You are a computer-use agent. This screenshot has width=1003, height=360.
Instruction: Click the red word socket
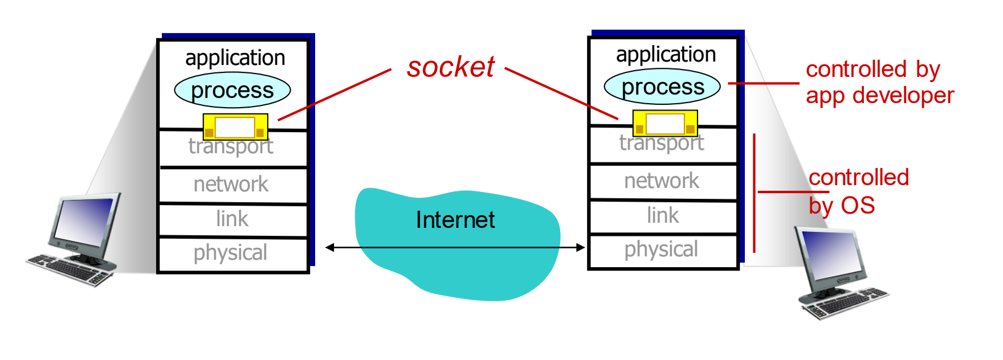(x=451, y=67)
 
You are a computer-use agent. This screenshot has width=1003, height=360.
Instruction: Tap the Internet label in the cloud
(x=455, y=220)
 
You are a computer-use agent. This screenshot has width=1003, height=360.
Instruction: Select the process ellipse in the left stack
(x=233, y=91)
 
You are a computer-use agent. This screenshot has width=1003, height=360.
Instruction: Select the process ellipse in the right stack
(x=662, y=87)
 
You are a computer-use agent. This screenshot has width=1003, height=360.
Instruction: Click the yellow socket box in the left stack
(x=235, y=127)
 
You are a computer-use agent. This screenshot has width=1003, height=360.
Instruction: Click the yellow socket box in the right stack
(x=665, y=124)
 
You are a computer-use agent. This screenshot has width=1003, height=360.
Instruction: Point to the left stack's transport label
(x=231, y=147)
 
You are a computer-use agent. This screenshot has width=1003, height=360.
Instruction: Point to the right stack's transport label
(x=662, y=143)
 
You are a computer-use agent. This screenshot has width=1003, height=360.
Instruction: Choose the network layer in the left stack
(x=231, y=185)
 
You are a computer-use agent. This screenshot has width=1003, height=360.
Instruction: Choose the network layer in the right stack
(x=662, y=181)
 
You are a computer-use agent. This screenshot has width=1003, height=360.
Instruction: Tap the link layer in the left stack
(x=232, y=219)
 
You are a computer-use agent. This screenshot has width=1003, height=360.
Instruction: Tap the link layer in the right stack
(x=663, y=215)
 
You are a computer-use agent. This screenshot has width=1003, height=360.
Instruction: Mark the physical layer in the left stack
(x=230, y=253)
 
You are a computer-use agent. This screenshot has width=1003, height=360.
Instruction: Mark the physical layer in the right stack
(x=661, y=249)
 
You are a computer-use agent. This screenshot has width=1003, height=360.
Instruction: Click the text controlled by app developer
(x=879, y=83)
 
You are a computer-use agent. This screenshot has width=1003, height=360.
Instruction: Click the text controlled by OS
(x=858, y=191)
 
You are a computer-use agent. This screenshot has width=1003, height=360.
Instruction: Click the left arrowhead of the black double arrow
(x=329, y=247)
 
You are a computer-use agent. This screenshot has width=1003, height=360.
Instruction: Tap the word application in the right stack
(x=666, y=55)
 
